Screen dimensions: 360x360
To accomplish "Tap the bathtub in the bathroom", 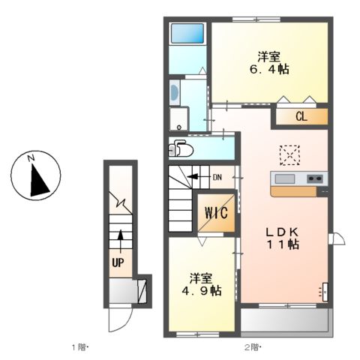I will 187,34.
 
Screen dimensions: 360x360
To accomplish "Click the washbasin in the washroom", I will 175,94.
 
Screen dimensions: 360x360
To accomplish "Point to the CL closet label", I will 300,116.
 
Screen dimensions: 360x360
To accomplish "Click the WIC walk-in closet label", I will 215,213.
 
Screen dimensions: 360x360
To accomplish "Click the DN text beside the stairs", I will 217,178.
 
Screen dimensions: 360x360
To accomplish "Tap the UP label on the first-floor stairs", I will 118,262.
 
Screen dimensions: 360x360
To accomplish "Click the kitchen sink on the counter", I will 285,178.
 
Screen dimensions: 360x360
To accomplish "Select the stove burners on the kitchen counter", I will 314,178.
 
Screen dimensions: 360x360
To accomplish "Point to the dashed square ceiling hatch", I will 289,154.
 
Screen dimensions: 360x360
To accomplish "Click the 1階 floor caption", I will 80,346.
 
